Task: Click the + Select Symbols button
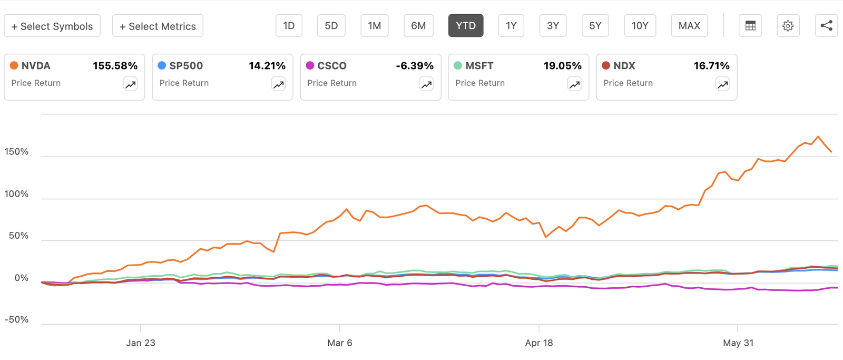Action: pyautogui.click(x=52, y=26)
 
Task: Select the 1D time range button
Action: pyautogui.click(x=289, y=26)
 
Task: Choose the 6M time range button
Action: pyautogui.click(x=418, y=26)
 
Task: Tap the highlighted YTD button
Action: pyautogui.click(x=466, y=26)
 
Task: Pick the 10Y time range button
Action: pyautogui.click(x=640, y=26)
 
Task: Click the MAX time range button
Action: pyautogui.click(x=689, y=26)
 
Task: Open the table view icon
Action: pyautogui.click(x=750, y=26)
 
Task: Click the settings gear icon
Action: pyautogui.click(x=788, y=26)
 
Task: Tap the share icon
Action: pyautogui.click(x=826, y=26)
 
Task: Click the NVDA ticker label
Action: pyautogui.click(x=36, y=66)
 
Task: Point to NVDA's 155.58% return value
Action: pyautogui.click(x=115, y=66)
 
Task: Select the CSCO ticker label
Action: pyautogui.click(x=332, y=66)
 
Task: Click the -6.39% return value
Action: pyautogui.click(x=415, y=66)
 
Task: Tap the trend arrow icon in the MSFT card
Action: pyautogui.click(x=574, y=84)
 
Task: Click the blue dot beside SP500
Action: pyautogui.click(x=162, y=65)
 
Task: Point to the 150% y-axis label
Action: pyautogui.click(x=16, y=152)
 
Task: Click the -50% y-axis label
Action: pyautogui.click(x=16, y=319)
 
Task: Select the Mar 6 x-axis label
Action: pyautogui.click(x=340, y=343)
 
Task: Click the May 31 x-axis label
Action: pyautogui.click(x=738, y=343)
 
